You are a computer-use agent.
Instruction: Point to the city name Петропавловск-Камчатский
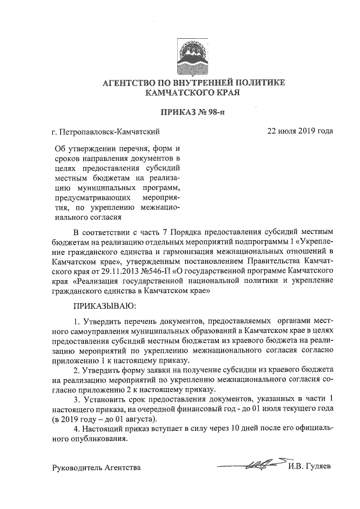(x=111, y=132)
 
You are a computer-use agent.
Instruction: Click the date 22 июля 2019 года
(x=300, y=132)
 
